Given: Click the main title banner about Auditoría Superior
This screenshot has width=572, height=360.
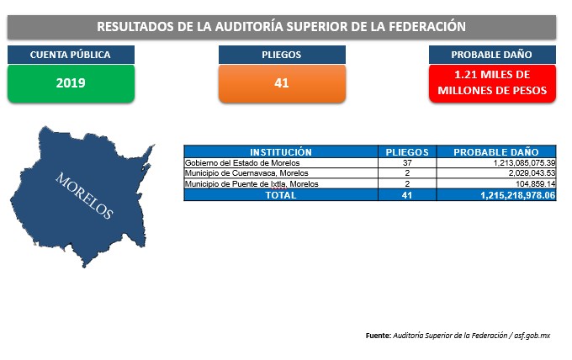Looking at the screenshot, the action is tap(282, 27).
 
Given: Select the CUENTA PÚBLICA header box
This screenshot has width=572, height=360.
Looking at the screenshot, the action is tap(71, 55).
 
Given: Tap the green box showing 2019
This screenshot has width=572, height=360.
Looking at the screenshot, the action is tap(71, 83).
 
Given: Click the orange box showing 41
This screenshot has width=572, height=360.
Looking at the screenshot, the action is tap(282, 83).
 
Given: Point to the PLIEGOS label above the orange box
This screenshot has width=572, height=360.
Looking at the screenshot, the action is tap(282, 55).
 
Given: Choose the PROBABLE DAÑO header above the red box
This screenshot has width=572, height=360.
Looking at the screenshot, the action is tap(492, 55).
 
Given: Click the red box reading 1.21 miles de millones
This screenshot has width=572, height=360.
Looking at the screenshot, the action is tap(492, 83).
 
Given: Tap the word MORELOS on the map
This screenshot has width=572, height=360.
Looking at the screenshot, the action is tap(84, 195).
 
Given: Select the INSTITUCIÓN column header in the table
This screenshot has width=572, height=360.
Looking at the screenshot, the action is tap(281, 151).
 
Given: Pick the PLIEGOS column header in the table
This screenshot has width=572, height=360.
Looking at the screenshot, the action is tap(407, 151).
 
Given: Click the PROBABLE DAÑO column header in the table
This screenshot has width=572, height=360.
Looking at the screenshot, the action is tap(496, 151).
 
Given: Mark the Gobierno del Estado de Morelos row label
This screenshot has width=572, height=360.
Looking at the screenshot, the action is tap(242, 163).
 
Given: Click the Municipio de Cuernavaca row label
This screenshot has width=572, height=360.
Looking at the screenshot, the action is tap(246, 173).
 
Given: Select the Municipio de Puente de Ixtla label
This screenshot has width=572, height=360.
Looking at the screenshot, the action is tap(252, 184).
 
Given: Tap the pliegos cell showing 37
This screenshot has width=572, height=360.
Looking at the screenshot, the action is tap(407, 163).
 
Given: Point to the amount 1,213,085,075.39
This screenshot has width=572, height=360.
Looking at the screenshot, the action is tap(524, 163).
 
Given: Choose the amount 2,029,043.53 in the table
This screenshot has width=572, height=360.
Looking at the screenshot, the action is tap(532, 173).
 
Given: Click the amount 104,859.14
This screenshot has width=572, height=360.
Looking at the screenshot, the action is tap(536, 184).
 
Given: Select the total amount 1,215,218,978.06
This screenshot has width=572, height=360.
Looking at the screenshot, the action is tap(517, 195).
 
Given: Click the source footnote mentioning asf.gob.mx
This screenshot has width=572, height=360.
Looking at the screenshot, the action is tap(458, 336).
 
